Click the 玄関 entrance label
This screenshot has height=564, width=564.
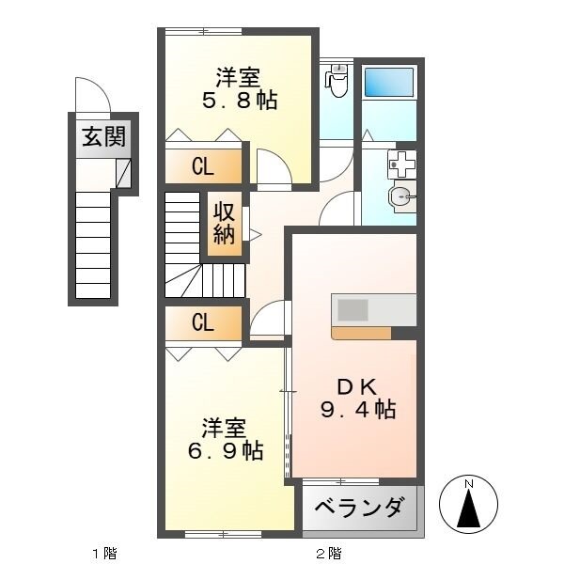point(102,137)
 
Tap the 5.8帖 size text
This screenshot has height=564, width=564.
point(239,101)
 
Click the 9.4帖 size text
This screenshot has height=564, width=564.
point(356,410)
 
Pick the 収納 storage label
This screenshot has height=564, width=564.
point(224,223)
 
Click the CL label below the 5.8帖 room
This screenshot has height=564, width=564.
point(202,167)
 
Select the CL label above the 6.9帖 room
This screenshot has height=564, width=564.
point(202,322)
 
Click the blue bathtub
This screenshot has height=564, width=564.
point(388,82)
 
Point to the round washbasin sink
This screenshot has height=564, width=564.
point(400,197)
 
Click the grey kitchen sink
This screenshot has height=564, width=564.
point(354,310)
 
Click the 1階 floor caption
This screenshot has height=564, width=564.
point(103,553)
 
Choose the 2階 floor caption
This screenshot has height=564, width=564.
point(328,553)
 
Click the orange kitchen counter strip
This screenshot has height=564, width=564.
point(362,332)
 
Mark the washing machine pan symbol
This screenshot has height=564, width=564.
point(402,164)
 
